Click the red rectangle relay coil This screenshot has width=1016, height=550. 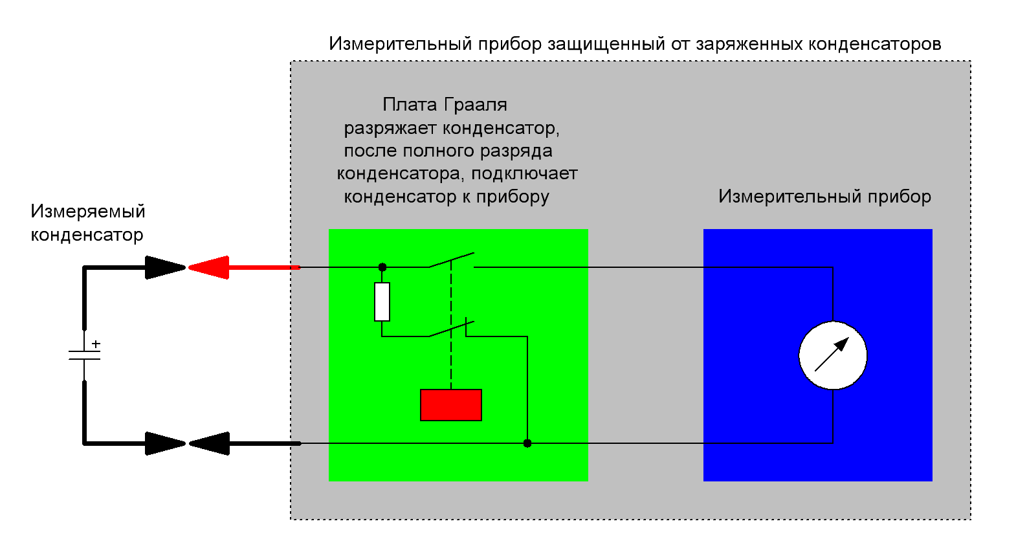pos(451,405)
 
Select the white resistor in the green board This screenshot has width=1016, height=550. pos(382,302)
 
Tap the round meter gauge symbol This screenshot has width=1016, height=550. pos(833,355)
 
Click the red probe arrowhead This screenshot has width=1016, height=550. pos(208,267)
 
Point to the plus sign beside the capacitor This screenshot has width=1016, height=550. pos(96,344)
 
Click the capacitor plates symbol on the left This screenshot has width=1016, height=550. pos(84,355)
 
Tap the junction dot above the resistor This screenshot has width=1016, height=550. pos(382,267)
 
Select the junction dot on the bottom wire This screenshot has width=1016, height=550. pos(527,443)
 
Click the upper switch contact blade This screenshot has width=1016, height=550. pos(451,260)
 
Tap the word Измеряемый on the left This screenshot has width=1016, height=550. pos(87,212)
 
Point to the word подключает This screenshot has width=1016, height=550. pos(524,173)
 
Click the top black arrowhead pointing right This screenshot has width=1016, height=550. pos(165,267)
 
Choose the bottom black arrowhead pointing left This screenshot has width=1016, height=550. pos(209,443)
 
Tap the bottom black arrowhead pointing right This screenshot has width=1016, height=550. pos(165,443)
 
